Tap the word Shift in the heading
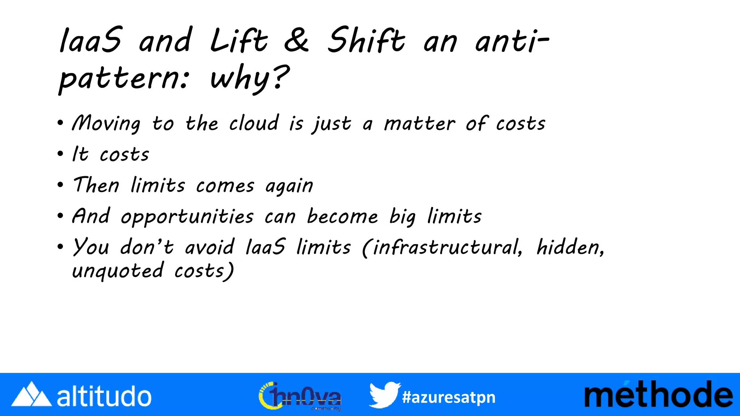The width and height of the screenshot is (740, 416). [366, 40]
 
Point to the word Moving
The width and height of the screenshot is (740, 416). [106, 124]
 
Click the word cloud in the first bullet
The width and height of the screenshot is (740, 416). [254, 123]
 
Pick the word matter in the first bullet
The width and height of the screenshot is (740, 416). [420, 124]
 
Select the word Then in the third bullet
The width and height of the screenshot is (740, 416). [96, 185]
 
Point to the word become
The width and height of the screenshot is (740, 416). [342, 217]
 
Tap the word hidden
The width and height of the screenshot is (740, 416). [570, 248]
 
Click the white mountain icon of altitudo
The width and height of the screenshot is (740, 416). [31, 394]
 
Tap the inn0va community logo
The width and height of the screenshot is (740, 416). [300, 396]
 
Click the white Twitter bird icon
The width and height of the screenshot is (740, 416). [384, 395]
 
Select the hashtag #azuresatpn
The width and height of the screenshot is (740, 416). [448, 398]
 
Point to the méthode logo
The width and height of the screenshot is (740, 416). [658, 395]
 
